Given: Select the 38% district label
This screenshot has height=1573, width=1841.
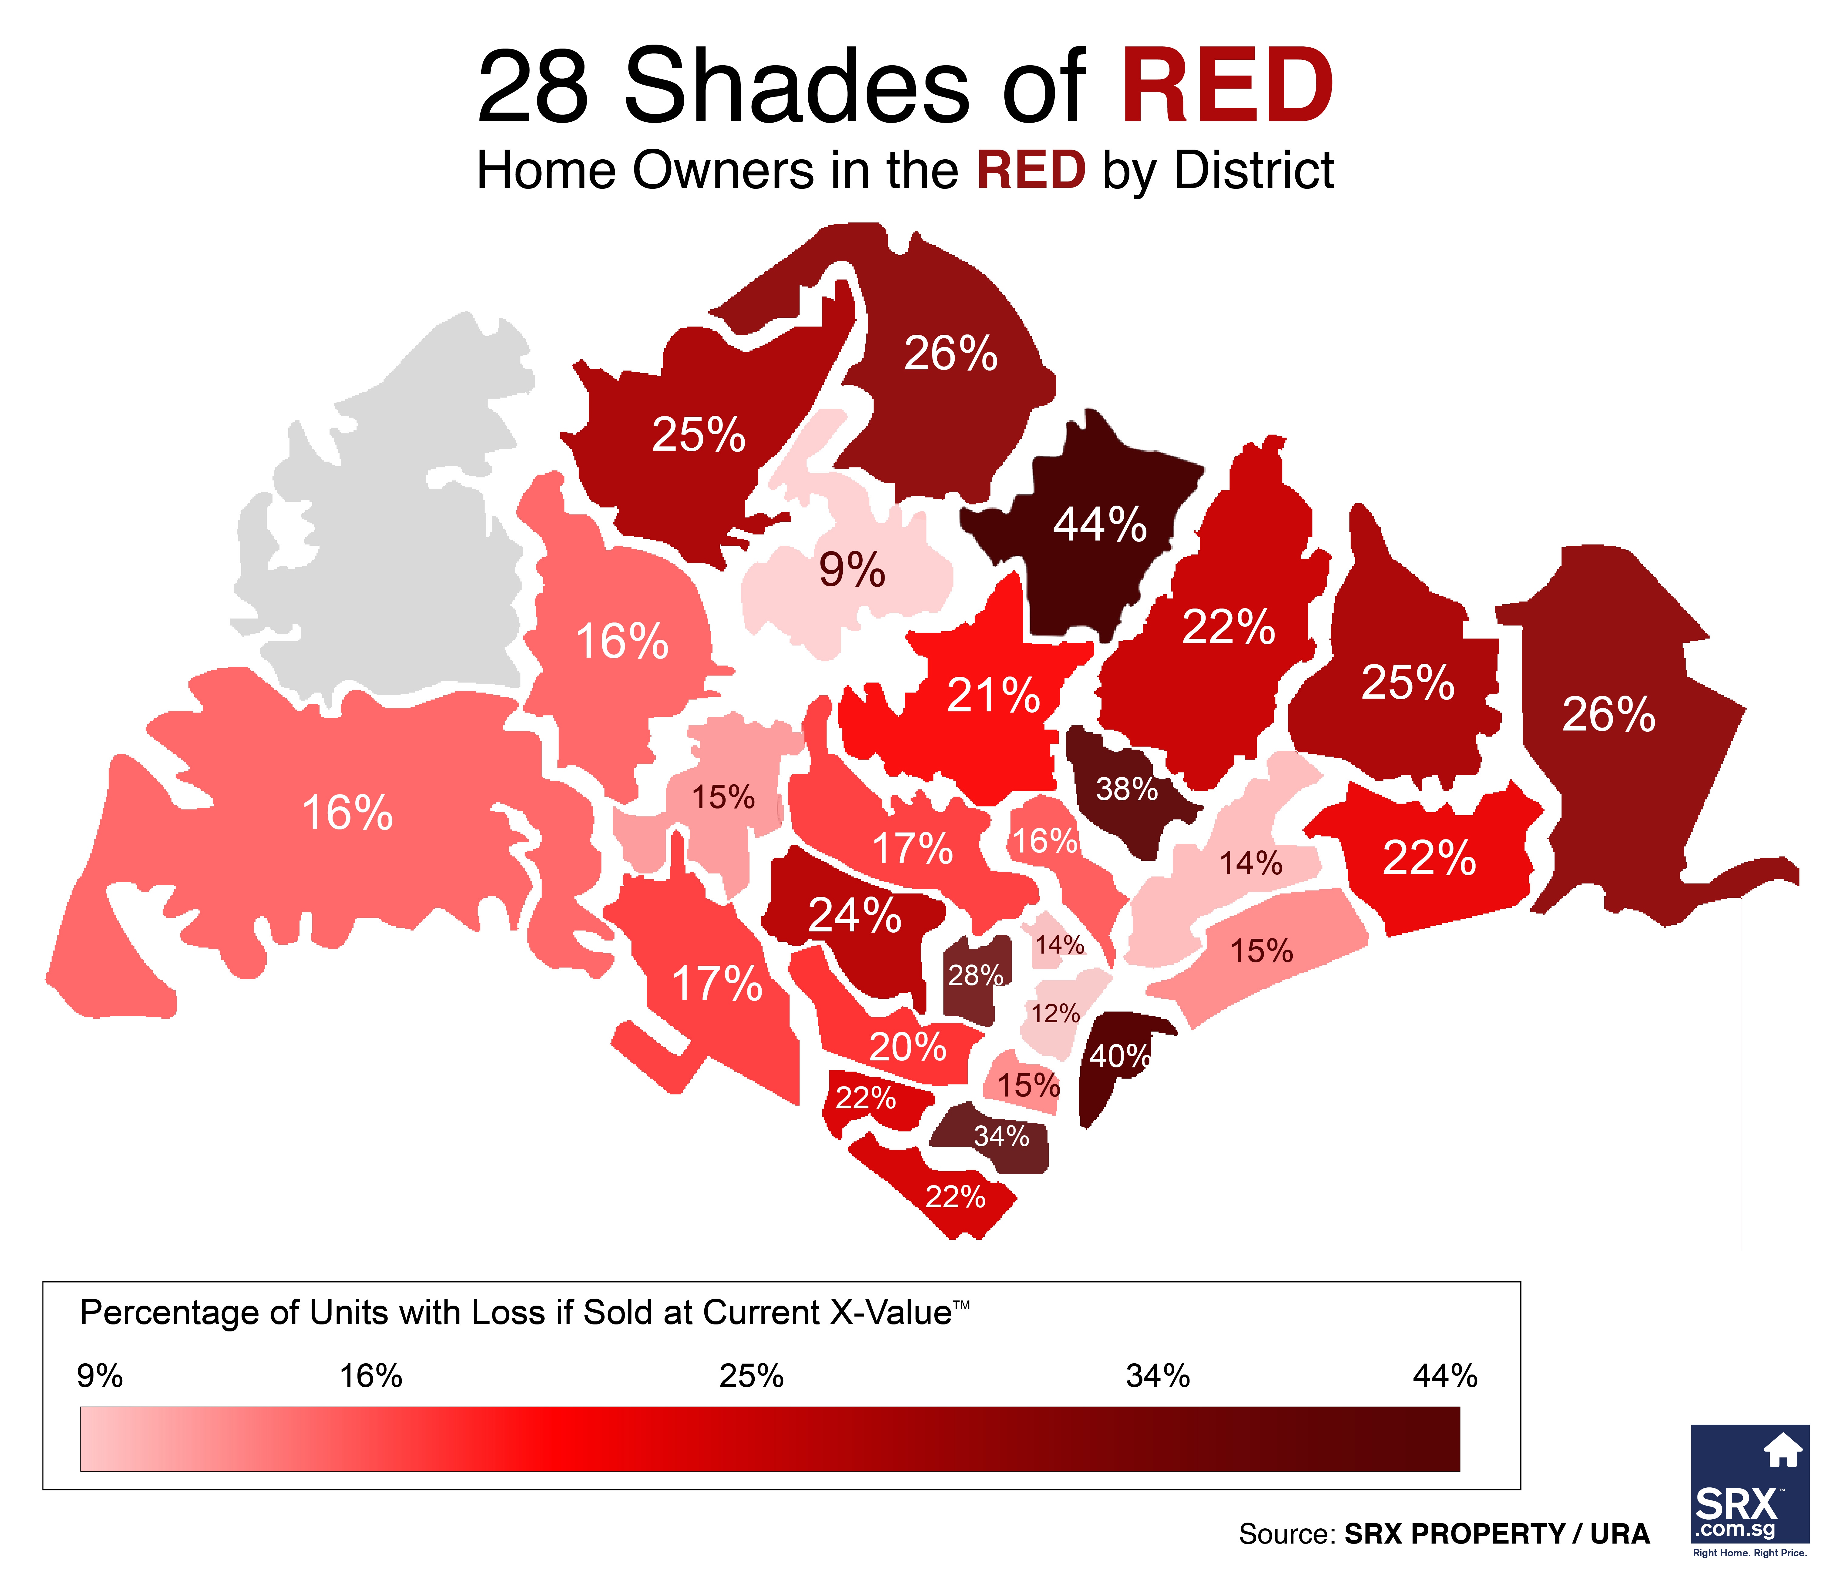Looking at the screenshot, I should pos(1127,788).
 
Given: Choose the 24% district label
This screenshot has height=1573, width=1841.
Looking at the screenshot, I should pos(855,915).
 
